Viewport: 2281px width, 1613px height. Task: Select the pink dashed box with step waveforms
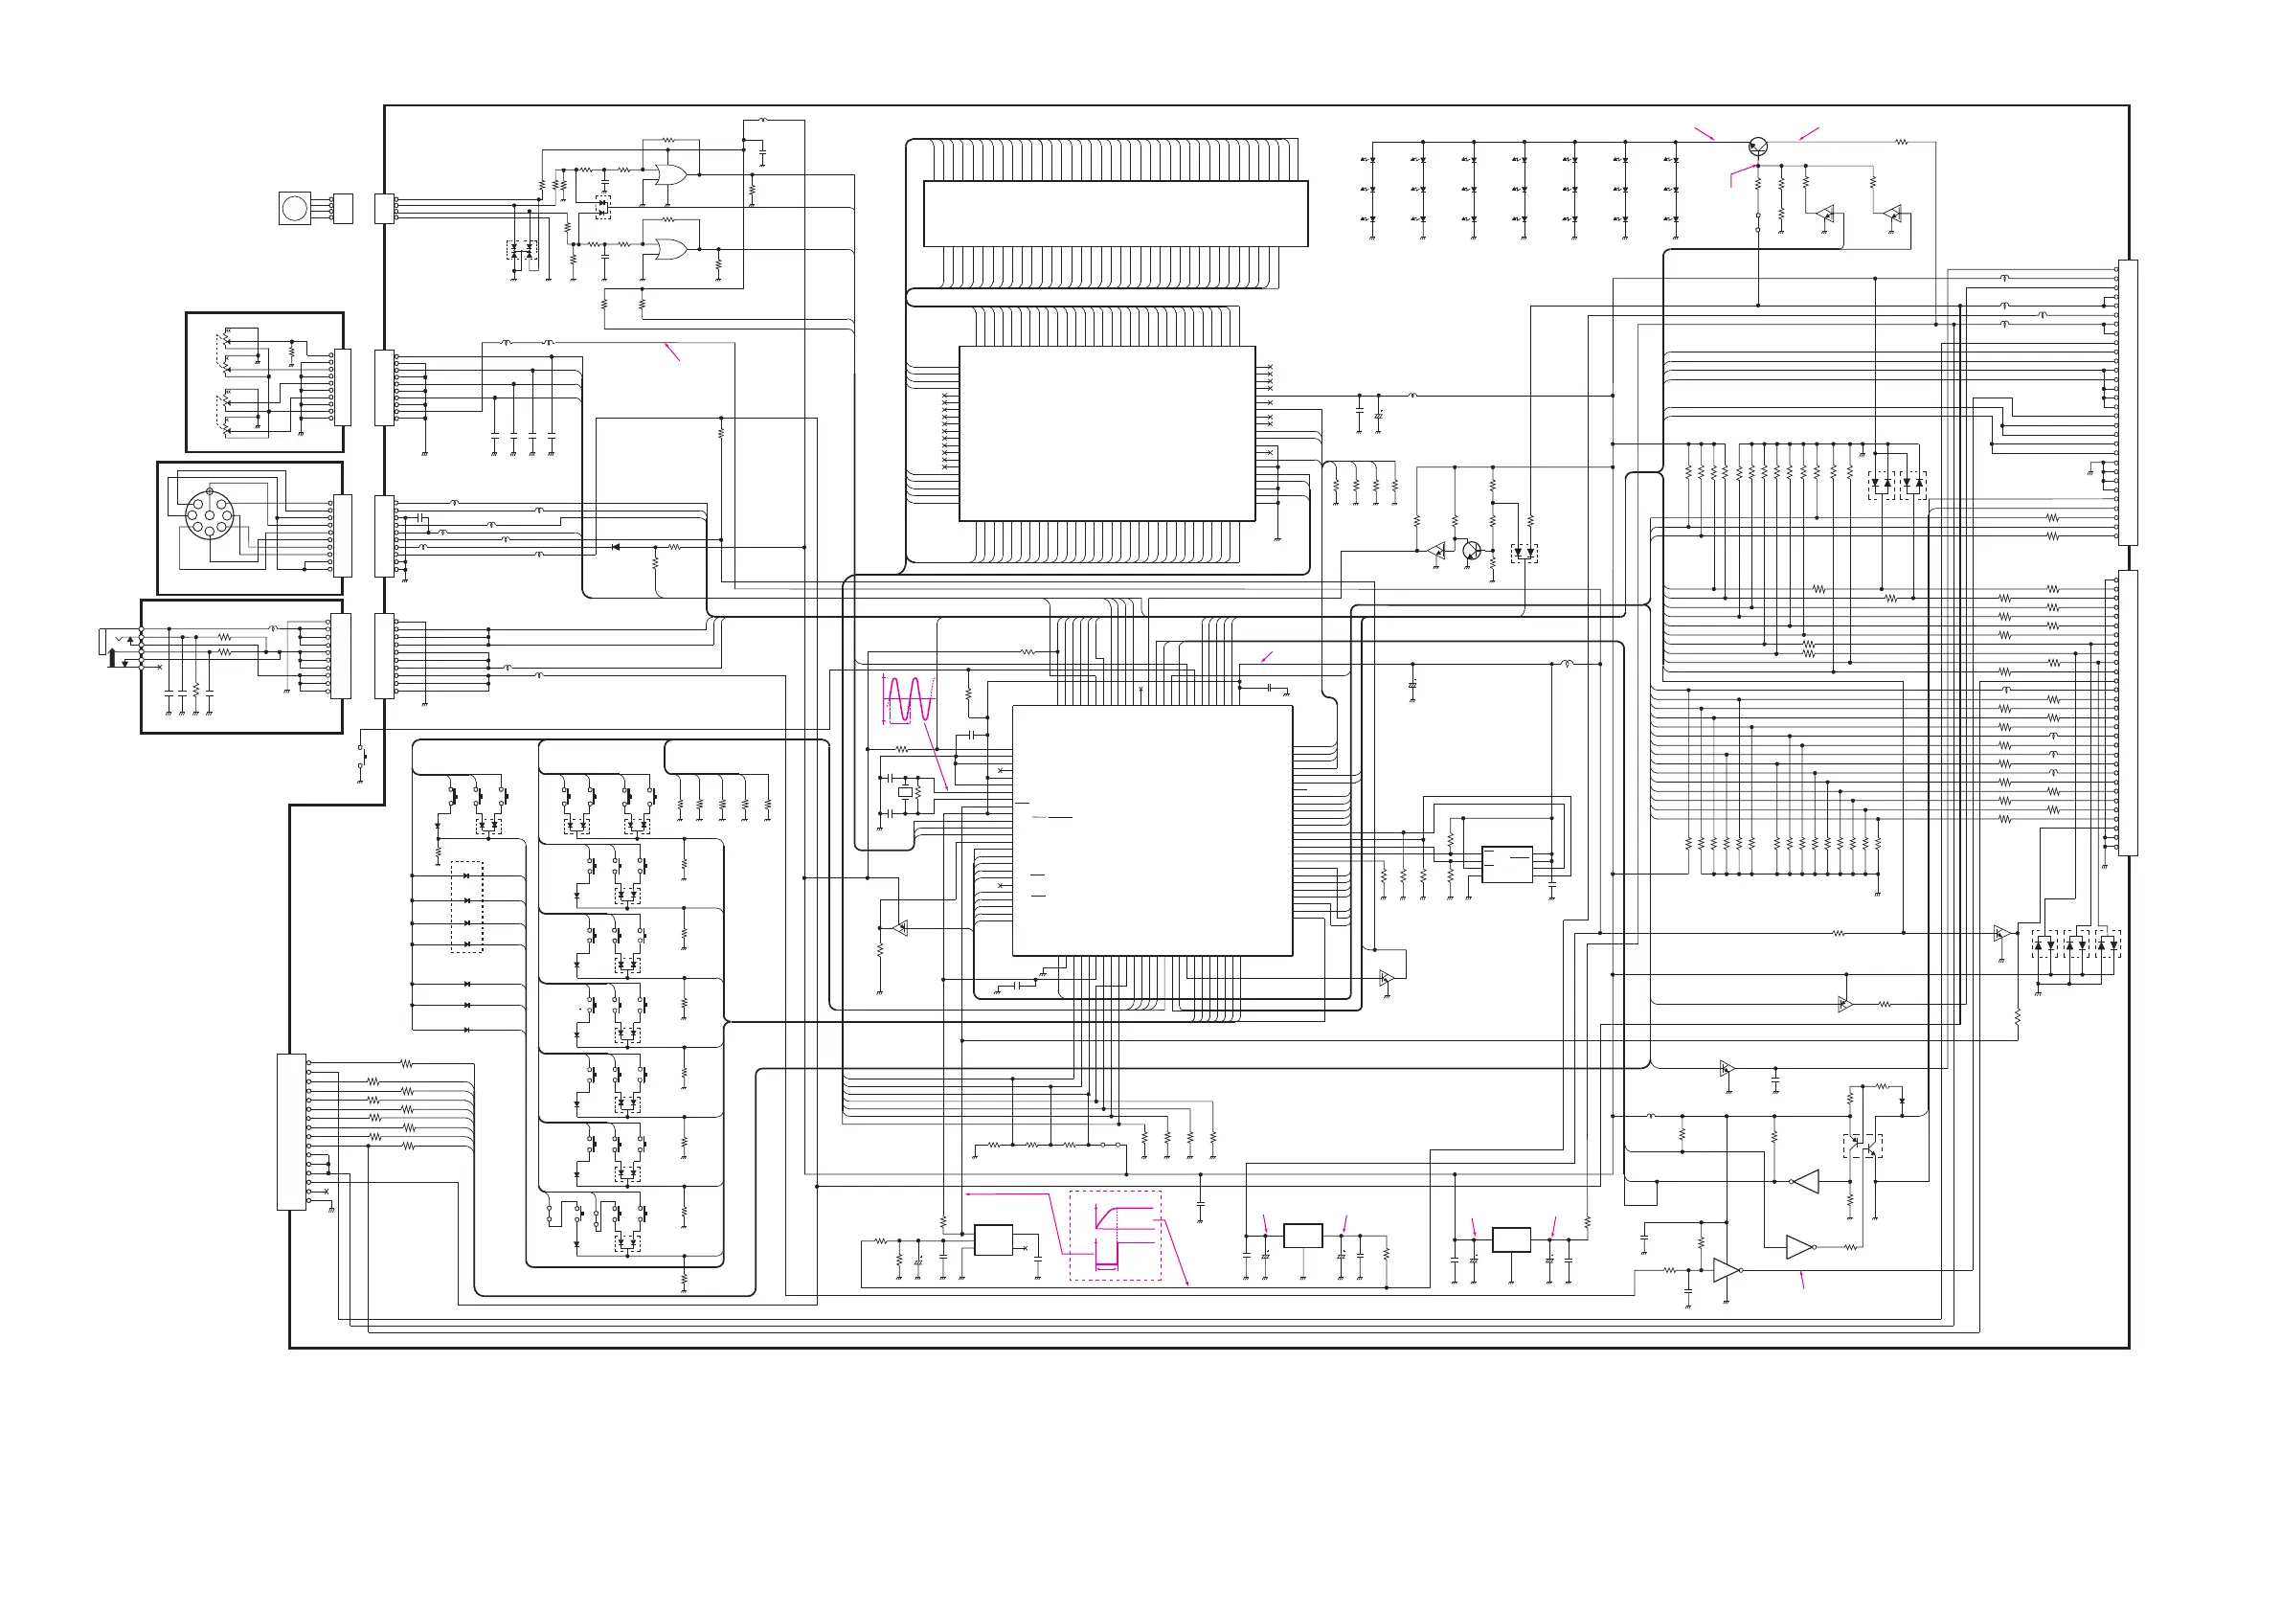(x=1115, y=1236)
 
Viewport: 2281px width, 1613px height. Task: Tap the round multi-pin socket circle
(x=210, y=513)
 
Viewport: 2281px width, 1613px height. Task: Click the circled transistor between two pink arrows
(x=1757, y=148)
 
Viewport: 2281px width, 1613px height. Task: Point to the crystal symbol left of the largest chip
(x=904, y=792)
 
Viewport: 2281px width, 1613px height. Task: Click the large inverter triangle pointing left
(x=1806, y=1182)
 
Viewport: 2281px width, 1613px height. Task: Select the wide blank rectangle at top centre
(x=1115, y=214)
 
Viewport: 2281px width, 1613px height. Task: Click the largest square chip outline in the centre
(x=1151, y=830)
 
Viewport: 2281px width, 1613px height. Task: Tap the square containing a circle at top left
(x=295, y=208)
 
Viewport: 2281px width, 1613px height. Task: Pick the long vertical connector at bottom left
(x=291, y=1132)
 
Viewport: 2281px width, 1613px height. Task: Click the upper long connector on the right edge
(x=2127, y=402)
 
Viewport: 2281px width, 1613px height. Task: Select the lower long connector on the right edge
(x=2127, y=713)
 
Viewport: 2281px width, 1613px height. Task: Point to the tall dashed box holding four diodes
(x=467, y=906)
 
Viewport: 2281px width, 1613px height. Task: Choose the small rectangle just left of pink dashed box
(x=992, y=1240)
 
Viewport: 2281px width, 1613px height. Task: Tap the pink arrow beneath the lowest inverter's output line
(x=1802, y=1281)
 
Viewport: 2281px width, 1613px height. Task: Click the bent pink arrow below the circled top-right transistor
(x=1741, y=175)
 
